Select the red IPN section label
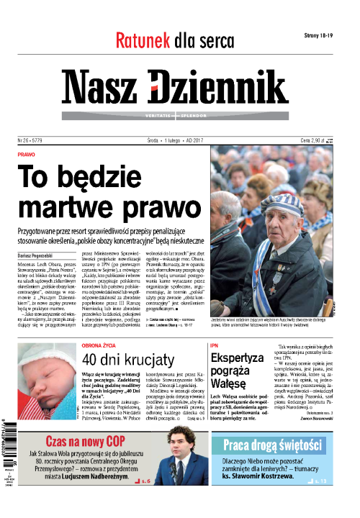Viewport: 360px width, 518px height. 214,345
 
